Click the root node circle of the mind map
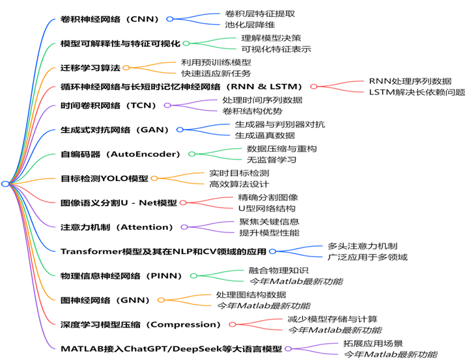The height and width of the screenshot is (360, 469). pos(5,184)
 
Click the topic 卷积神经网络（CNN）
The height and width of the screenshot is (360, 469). pos(110,19)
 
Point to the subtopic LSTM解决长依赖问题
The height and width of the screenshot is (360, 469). pos(417,92)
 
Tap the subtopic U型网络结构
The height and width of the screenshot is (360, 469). pos(266,208)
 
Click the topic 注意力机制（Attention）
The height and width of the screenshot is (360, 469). pos(117,227)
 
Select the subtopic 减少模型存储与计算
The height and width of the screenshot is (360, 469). pos(332,319)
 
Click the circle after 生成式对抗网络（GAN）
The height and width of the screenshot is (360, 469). pos(179,130)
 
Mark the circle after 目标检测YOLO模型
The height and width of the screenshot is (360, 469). pos(154,178)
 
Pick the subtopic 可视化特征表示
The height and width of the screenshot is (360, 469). pos(276,49)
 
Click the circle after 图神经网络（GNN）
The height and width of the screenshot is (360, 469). pos(159,299)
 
